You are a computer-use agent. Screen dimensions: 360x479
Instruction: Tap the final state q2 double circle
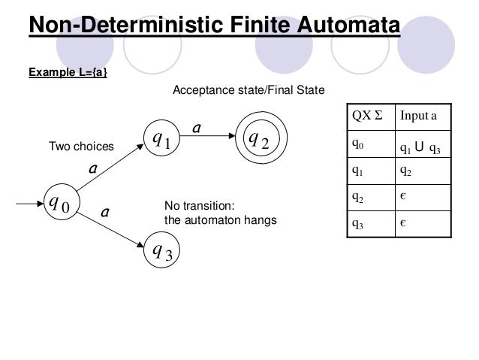(259, 139)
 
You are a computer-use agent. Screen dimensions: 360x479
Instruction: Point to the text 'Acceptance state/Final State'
(249, 91)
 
